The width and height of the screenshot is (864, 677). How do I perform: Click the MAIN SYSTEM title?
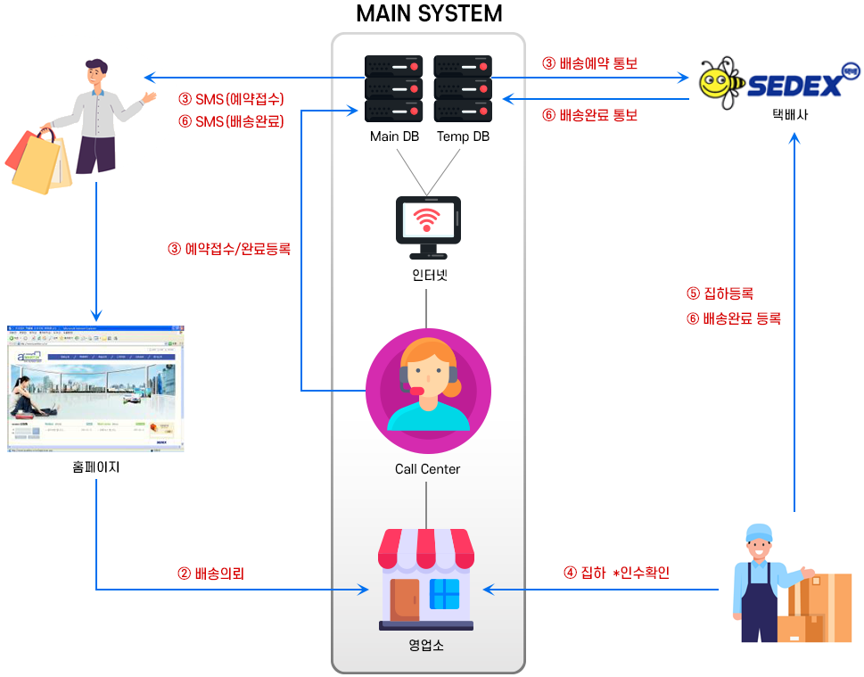coord(429,14)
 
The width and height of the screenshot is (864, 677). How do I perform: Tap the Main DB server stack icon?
coord(392,88)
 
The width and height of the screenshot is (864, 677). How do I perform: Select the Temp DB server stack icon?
coord(462,88)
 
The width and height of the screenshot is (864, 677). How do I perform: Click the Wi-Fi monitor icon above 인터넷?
coord(428,223)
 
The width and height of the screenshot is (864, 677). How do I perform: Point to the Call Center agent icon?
coord(428,384)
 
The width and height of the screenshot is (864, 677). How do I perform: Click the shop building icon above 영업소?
coord(427,579)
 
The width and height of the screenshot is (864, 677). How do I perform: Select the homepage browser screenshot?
coord(95,388)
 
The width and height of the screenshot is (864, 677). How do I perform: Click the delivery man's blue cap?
coord(758,533)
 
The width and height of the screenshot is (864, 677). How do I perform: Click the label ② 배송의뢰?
coord(210,574)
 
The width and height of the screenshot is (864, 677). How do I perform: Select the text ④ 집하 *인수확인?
coord(616,573)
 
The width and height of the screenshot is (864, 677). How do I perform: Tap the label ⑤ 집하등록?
coord(720,293)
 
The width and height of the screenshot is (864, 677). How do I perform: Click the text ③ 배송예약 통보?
coord(589,63)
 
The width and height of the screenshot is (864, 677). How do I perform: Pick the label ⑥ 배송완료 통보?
coord(589,115)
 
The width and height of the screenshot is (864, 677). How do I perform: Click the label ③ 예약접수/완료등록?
coord(229,249)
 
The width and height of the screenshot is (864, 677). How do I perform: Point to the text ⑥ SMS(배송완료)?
coord(231,121)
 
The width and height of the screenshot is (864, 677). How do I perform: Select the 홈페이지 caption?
coord(95,466)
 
